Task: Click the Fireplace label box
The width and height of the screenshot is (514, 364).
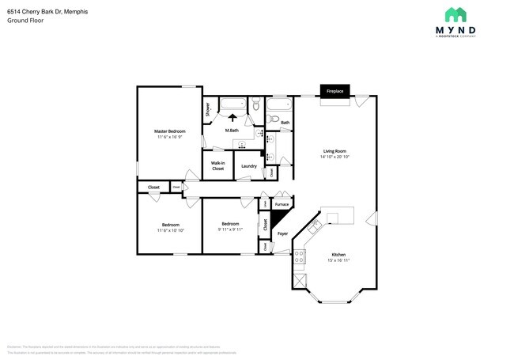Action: [x=334, y=92]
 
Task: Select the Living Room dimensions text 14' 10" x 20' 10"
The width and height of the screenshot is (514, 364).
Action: [x=334, y=156]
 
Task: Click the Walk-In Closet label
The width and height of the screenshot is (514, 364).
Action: [x=217, y=166]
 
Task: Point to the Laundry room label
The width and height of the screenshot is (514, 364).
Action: [x=248, y=166]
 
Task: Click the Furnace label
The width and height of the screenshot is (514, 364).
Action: [x=282, y=204]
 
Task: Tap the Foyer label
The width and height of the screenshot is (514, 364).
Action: [x=282, y=234]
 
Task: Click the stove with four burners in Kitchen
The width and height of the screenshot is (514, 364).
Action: [x=300, y=256]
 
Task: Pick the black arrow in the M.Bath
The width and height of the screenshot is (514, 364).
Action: [x=232, y=118]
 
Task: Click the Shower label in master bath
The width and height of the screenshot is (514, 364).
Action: [x=208, y=110]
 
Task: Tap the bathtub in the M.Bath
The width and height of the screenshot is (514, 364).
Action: [x=232, y=104]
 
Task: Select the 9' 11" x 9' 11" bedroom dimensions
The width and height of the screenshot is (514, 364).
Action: [x=230, y=229]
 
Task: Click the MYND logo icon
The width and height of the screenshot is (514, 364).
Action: [x=455, y=14]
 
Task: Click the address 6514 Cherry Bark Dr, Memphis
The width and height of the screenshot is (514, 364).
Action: [x=47, y=11]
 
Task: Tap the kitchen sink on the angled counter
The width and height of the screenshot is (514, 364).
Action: [x=314, y=228]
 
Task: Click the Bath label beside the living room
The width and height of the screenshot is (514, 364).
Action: [x=285, y=123]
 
